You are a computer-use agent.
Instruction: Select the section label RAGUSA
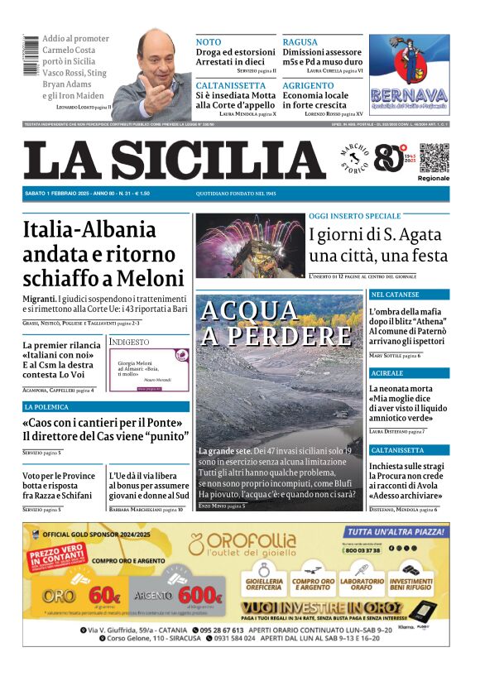click(x=300, y=41)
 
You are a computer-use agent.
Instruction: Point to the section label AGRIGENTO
click(x=308, y=85)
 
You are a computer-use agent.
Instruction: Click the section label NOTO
click(x=209, y=41)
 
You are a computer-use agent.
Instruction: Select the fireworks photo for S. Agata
click(x=251, y=247)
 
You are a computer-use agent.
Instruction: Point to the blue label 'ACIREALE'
click(x=387, y=373)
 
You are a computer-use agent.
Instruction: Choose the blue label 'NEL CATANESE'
click(x=395, y=295)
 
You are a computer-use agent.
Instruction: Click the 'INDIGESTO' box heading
click(x=130, y=341)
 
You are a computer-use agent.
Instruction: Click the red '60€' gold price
click(x=105, y=594)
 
